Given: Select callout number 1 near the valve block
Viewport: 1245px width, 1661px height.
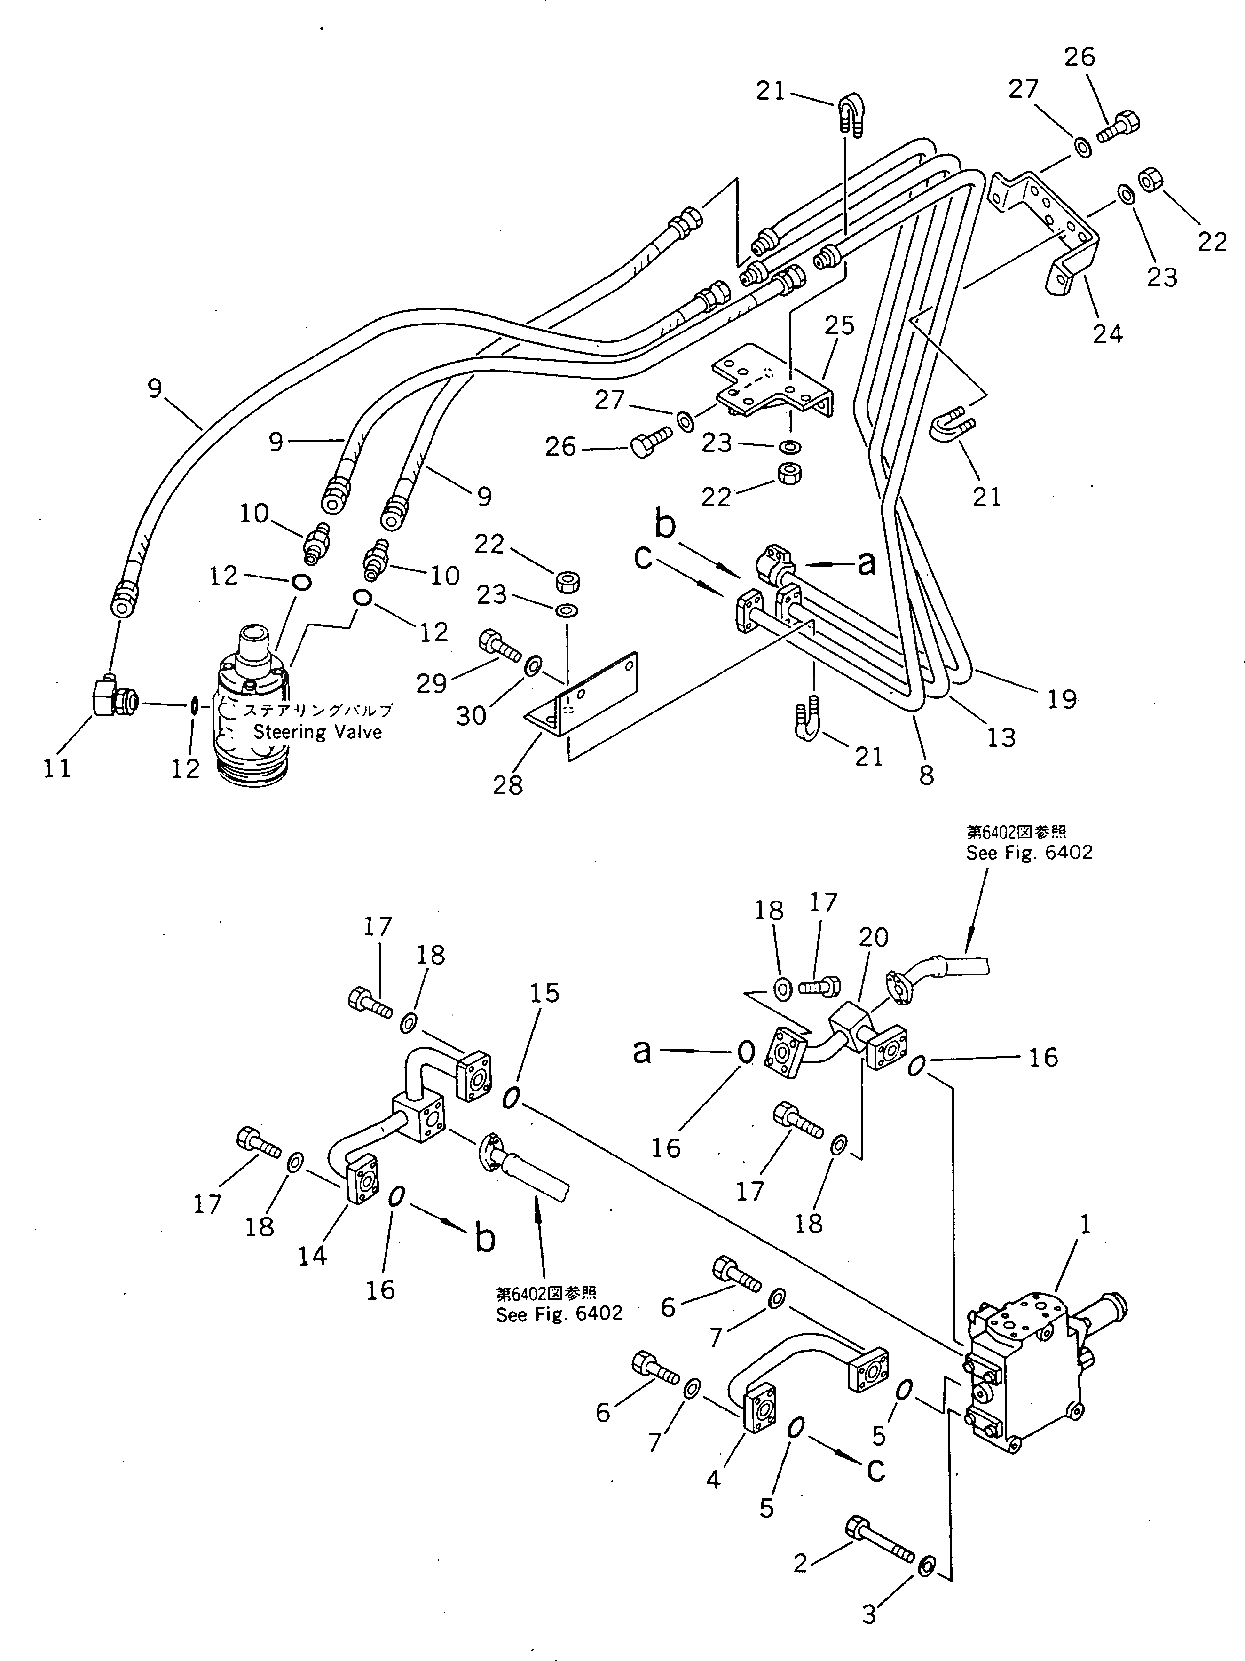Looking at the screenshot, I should click(x=1084, y=1225).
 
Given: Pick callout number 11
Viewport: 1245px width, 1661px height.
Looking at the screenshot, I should click(x=57, y=768).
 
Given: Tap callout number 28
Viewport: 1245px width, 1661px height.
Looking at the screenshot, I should click(x=508, y=785).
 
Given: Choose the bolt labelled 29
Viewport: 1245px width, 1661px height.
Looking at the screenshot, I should click(x=498, y=646).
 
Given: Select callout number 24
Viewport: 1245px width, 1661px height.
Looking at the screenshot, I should click(x=1108, y=332).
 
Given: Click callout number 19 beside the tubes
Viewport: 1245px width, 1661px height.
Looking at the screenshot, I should click(x=1062, y=699).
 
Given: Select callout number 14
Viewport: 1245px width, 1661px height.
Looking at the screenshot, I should click(x=312, y=1256).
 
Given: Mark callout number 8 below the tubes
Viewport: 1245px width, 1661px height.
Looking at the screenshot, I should click(x=927, y=774).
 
